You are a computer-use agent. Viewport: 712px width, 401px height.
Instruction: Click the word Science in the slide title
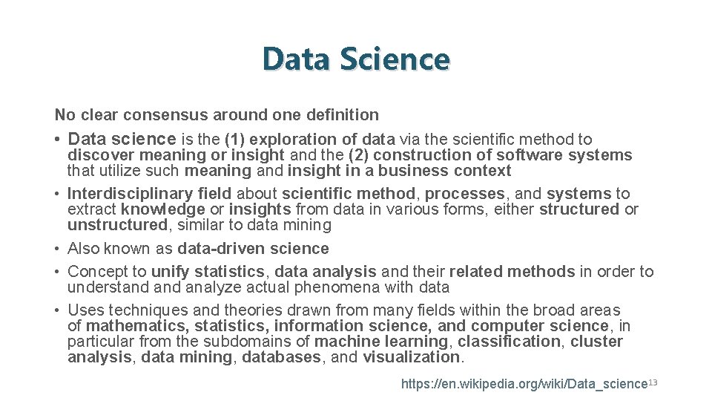pos(395,59)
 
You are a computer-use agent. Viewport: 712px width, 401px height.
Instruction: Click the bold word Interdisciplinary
pos(126,194)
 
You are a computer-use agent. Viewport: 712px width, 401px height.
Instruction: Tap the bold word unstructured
pos(117,225)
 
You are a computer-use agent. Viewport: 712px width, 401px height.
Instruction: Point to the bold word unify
pos(171,272)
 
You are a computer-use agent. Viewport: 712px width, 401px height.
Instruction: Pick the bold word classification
pos(509,342)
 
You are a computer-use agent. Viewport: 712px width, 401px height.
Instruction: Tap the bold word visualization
pos(412,357)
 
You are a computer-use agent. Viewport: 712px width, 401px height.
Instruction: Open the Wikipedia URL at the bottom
pos(524,384)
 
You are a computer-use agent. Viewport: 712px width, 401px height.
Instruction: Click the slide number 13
pos(653,382)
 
